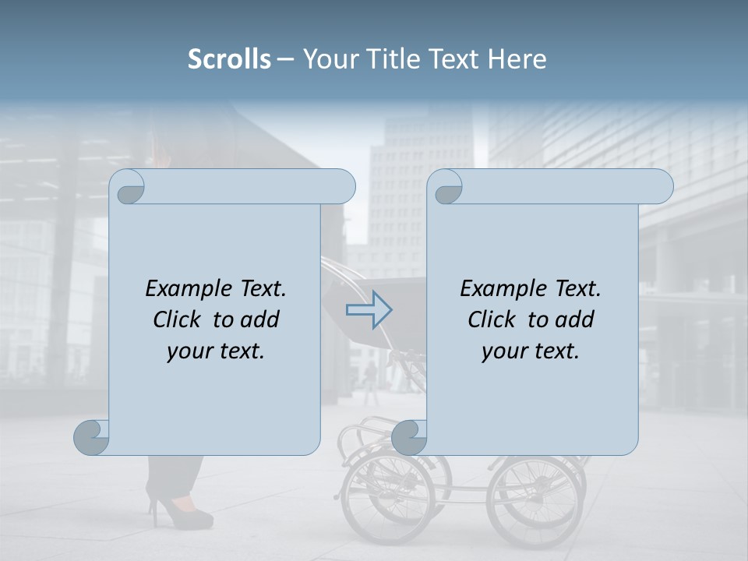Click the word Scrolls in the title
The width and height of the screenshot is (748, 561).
pyautogui.click(x=229, y=59)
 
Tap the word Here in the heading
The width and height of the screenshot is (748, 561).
pyautogui.click(x=517, y=59)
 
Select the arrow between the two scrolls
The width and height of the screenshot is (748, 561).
pyautogui.click(x=369, y=310)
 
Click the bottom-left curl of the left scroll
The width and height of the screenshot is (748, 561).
pyautogui.click(x=92, y=437)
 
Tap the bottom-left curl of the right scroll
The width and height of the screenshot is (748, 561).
pyautogui.click(x=409, y=437)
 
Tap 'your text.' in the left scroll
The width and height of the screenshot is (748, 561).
pyautogui.click(x=216, y=351)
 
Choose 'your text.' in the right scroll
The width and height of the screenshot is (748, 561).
pyautogui.click(x=530, y=351)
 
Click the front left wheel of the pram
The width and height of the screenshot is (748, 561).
pyautogui.click(x=387, y=499)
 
